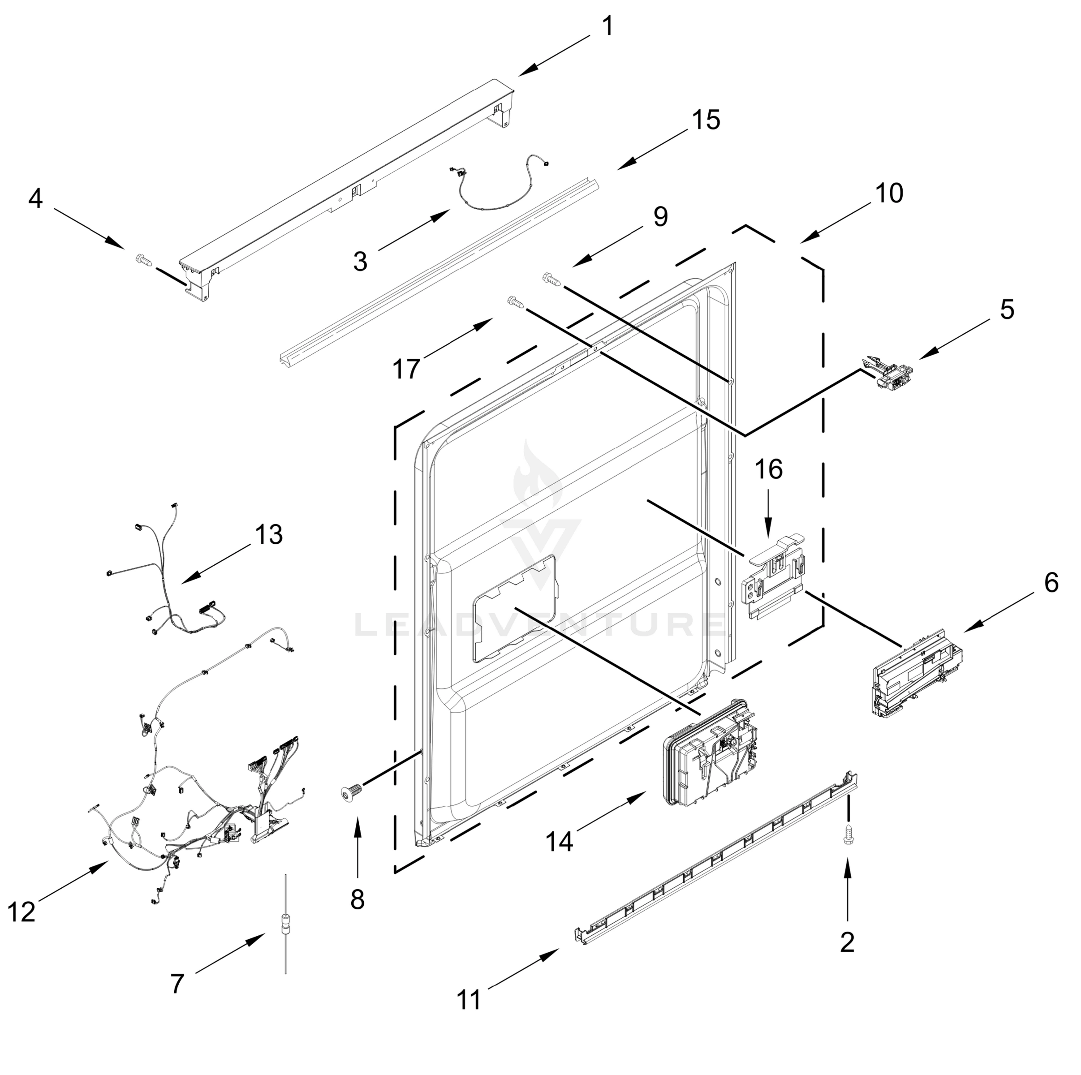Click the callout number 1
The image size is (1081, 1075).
click(x=607, y=26)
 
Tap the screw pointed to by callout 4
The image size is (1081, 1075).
click(x=144, y=259)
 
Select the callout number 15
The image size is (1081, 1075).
click(x=706, y=120)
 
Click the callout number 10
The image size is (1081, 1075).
click(x=888, y=193)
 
